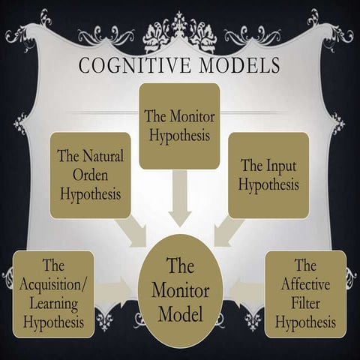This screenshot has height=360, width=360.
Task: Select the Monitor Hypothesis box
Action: click(179, 125)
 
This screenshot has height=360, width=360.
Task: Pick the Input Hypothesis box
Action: click(268, 175)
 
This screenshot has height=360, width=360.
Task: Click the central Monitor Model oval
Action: click(180, 289)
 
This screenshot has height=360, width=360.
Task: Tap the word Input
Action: click(276, 165)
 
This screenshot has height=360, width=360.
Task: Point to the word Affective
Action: click(305, 284)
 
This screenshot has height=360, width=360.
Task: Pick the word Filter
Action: click(305, 303)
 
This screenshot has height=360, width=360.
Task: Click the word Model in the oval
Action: click(180, 310)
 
